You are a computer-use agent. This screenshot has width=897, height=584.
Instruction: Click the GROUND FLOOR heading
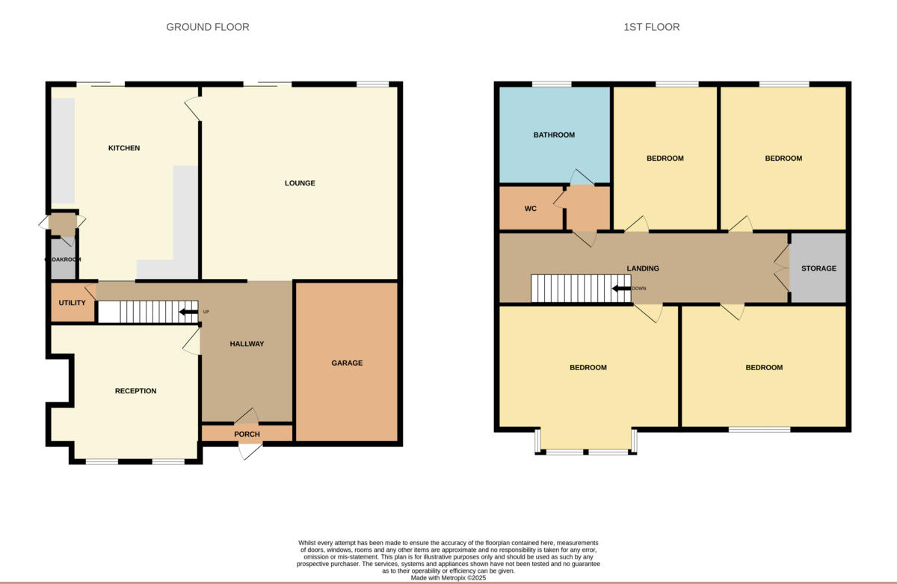[x=207, y=27]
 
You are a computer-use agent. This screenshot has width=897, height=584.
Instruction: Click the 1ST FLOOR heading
[x=651, y=27]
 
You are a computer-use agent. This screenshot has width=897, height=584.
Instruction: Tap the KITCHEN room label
[x=124, y=148]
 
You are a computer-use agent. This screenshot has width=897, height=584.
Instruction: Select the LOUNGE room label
[x=300, y=183]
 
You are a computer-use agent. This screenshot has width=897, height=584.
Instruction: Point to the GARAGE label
[x=347, y=363]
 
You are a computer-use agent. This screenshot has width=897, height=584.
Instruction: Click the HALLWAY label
[x=247, y=344]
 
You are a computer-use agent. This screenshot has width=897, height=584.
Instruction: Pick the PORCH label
[x=247, y=434]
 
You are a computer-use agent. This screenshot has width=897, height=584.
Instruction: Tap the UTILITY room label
[x=73, y=303]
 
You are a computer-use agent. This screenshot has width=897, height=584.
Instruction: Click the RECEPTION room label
[x=135, y=391]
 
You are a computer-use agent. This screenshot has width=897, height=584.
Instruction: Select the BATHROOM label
[x=554, y=135]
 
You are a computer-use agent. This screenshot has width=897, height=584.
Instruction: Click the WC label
[x=531, y=209]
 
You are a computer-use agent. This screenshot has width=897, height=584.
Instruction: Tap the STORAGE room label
[x=819, y=268]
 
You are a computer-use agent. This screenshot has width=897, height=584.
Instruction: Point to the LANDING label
[x=643, y=268]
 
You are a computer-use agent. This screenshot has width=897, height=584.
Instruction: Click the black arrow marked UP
[x=188, y=312]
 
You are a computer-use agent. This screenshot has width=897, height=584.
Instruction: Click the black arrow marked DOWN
[x=620, y=289]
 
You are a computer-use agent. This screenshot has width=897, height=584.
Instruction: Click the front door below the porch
[x=250, y=451]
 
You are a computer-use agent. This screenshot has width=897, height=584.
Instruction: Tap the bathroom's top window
[x=552, y=84]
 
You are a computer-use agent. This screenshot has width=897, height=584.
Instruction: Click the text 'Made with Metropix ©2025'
[x=449, y=578]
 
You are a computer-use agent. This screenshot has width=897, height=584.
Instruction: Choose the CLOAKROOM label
[x=63, y=259]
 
